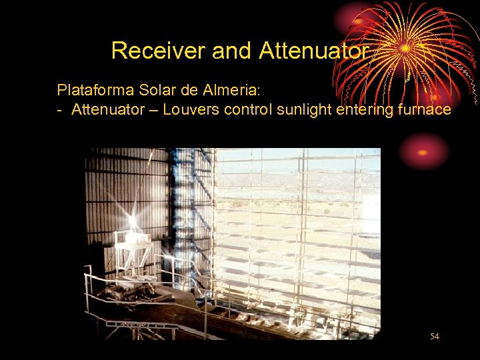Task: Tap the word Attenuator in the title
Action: click(x=313, y=51)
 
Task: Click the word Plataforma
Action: click(x=91, y=89)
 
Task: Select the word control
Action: click(x=247, y=109)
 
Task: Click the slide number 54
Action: click(x=435, y=337)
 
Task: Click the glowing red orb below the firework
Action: click(x=423, y=151)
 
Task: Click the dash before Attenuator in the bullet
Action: click(x=60, y=110)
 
